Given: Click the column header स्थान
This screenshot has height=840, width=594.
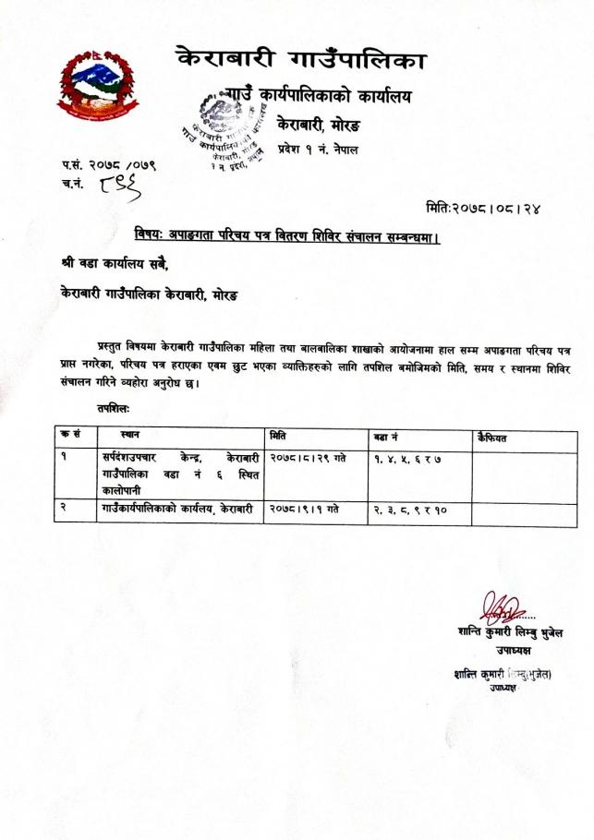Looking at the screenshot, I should [130, 434].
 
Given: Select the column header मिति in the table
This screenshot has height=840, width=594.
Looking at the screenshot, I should [278, 434].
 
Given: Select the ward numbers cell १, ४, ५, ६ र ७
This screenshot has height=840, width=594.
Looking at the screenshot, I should [409, 458].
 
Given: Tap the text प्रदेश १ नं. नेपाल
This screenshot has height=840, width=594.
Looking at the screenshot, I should [318, 149].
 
